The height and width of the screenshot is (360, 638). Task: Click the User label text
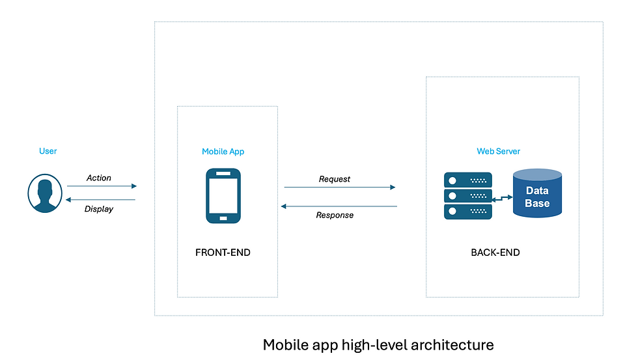click(48, 151)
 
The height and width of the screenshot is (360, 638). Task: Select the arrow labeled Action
click(101, 186)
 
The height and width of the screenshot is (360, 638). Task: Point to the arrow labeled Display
click(101, 200)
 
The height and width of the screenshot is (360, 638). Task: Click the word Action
click(99, 178)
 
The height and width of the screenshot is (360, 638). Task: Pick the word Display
click(99, 209)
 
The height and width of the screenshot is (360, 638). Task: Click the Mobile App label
click(223, 152)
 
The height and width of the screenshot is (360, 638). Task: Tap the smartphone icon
click(223, 196)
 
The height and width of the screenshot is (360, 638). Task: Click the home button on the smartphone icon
click(223, 217)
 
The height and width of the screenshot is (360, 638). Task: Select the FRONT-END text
click(223, 253)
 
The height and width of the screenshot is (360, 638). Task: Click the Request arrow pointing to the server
click(339, 187)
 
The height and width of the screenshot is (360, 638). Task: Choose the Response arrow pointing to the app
click(339, 206)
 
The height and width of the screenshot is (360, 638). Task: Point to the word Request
click(335, 179)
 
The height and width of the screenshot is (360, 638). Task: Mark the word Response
click(335, 215)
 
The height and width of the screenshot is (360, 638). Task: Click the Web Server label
click(499, 152)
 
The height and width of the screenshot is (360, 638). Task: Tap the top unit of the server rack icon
click(468, 179)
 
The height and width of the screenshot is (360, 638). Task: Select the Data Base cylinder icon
click(537, 193)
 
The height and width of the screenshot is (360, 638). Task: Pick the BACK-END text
click(495, 253)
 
